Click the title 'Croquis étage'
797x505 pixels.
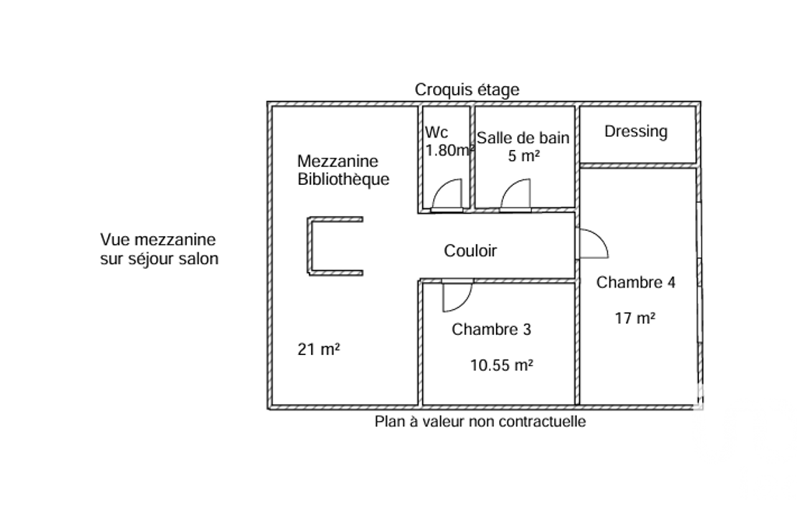467,90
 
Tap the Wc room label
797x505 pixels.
436,133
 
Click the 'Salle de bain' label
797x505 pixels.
523,138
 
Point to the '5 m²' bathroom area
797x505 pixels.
523,155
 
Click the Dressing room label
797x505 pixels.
635,131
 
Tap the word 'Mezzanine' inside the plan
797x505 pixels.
337,162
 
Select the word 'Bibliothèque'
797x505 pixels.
343,179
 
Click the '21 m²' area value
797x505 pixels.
319,350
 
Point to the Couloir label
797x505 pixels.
470,251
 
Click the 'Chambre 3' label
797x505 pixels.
491,329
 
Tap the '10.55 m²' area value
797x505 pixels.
502,365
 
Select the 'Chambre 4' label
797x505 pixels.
635,283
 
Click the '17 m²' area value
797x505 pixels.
634,317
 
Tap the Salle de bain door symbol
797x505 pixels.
515,196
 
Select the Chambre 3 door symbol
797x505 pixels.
456,296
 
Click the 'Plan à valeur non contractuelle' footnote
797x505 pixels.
480,422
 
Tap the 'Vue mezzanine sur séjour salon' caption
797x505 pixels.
159,249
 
